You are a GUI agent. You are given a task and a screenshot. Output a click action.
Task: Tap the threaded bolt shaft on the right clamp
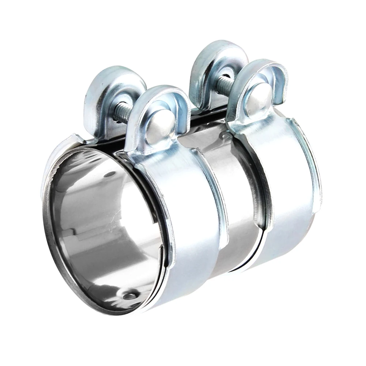224,84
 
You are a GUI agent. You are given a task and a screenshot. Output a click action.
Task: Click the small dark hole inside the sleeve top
109,176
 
